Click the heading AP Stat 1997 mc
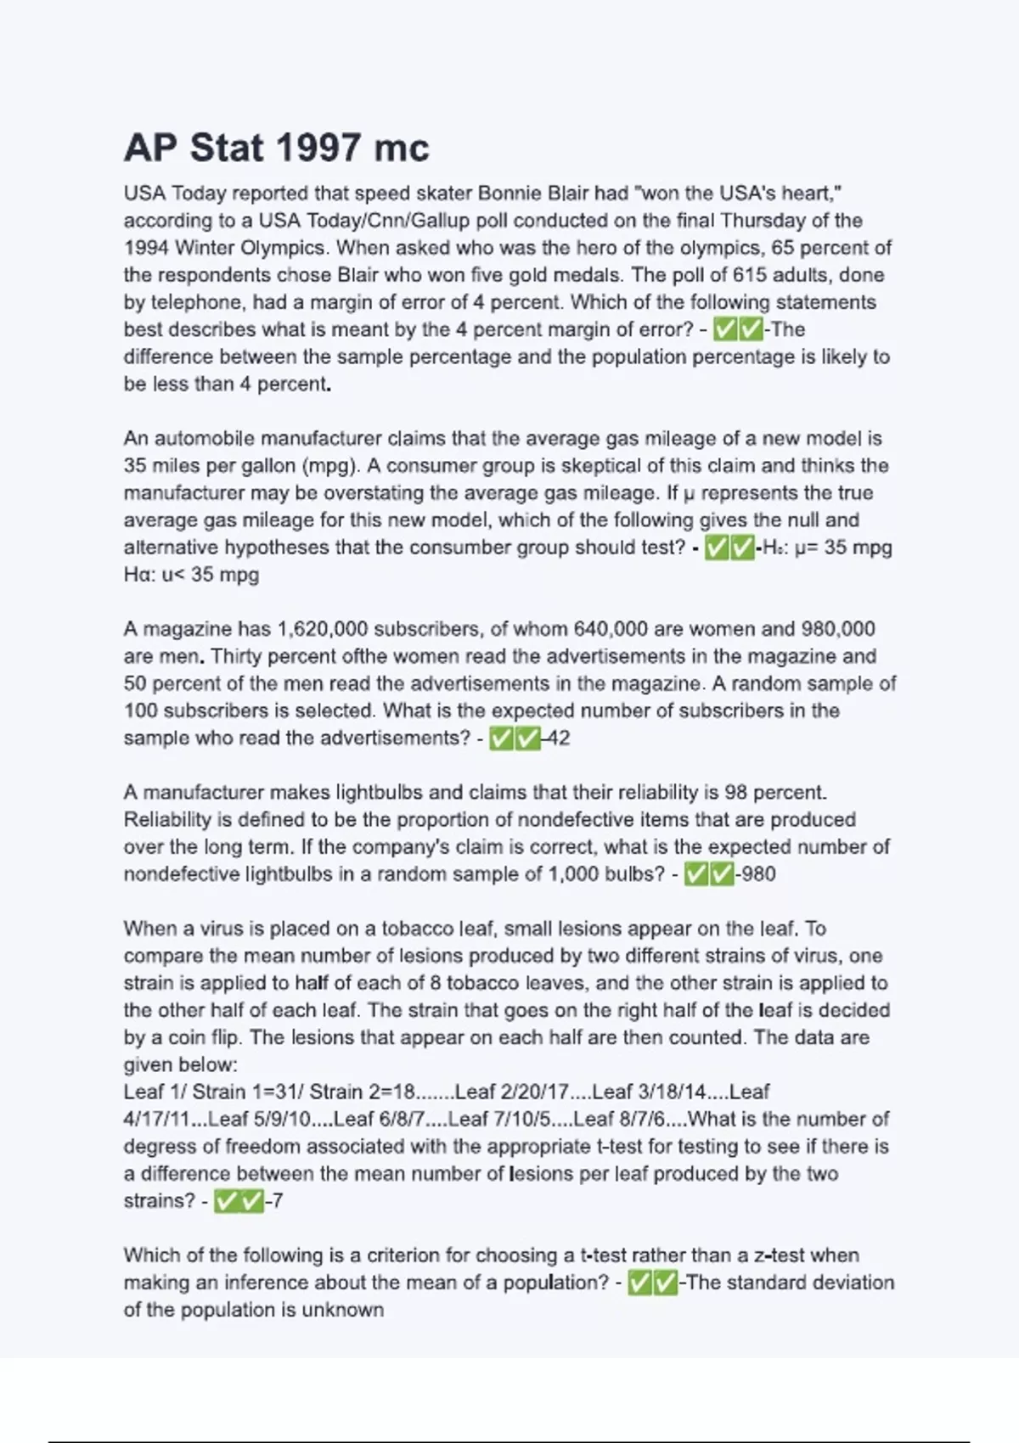click(x=277, y=148)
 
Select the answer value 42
click(x=558, y=738)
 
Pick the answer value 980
click(x=758, y=874)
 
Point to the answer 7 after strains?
click(x=277, y=1201)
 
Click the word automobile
click(x=203, y=439)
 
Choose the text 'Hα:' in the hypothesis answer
click(x=138, y=575)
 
